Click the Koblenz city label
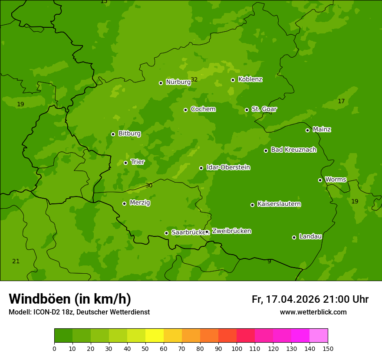point(250,79)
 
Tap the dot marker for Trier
point(125,163)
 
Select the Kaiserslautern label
point(279,204)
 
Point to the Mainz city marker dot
point(307,130)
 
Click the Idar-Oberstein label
point(228,167)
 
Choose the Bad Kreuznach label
point(293,150)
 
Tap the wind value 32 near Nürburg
point(194,79)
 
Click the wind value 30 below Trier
point(149,185)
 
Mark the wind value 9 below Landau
point(269,261)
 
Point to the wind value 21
point(16,261)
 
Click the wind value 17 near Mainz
point(341,101)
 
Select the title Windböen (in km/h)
point(70,299)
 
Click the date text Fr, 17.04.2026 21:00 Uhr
point(310,299)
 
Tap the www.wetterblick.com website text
point(313,312)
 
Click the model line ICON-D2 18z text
point(79,312)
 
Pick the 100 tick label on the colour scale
point(237,348)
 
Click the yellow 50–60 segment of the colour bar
point(155,336)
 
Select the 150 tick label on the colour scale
point(328,348)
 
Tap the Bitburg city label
point(129,134)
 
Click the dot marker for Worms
point(320,180)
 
